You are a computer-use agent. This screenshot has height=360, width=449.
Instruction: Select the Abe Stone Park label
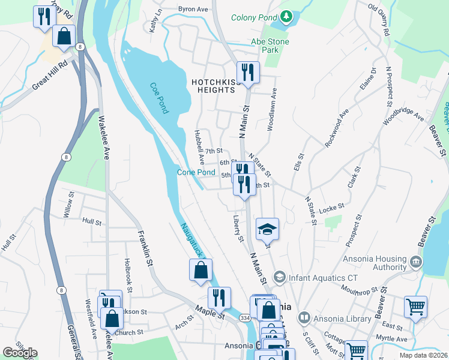click(x=270, y=46)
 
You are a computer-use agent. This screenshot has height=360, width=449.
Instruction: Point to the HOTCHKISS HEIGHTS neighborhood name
click(x=212, y=86)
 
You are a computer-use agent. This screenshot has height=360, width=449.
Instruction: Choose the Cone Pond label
click(x=196, y=172)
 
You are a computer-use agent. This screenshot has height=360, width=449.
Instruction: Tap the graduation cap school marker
click(x=267, y=229)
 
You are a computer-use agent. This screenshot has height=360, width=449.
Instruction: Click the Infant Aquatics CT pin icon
click(x=279, y=277)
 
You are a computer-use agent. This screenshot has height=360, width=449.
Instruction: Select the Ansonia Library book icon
click(x=304, y=317)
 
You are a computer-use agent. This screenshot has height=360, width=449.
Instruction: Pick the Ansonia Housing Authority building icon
click(x=415, y=262)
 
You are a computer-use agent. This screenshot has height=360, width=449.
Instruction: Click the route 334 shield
click(x=244, y=317)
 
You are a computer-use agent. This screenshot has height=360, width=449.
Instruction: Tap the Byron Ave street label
click(x=192, y=10)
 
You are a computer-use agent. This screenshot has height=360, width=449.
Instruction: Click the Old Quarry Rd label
click(x=379, y=20)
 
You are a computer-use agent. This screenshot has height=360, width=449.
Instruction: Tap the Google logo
click(x=20, y=353)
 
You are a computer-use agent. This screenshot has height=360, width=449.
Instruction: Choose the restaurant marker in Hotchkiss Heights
click(x=247, y=73)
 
